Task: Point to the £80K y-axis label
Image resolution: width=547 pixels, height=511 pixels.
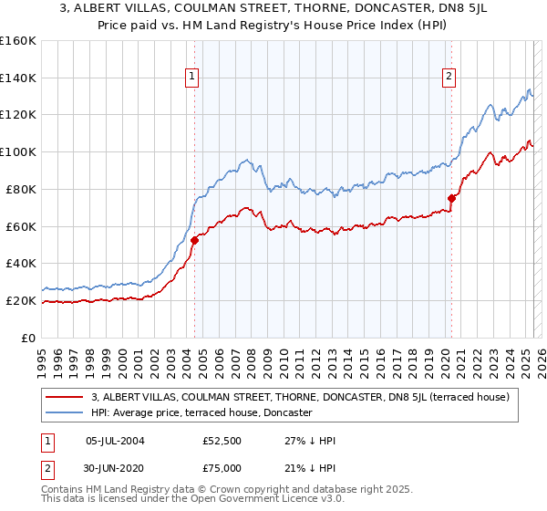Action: point(21,189)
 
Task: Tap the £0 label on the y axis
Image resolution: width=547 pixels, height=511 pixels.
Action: point(30,338)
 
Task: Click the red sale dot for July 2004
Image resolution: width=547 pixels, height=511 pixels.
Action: point(194,241)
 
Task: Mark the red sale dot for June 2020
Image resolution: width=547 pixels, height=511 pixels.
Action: point(451,198)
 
